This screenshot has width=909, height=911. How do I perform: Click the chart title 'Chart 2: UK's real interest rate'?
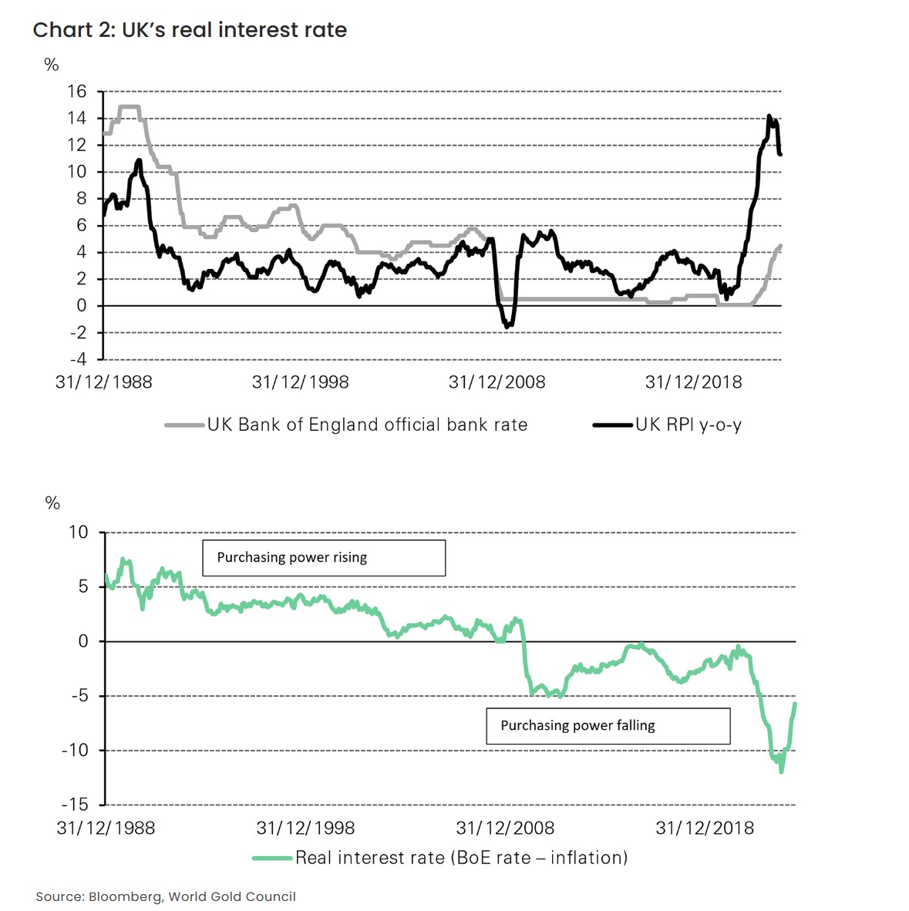(x=190, y=30)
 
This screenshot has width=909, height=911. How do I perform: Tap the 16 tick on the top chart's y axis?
(x=77, y=92)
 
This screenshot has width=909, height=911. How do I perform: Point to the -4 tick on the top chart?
(x=78, y=359)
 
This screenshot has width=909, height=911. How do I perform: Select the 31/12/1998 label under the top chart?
(x=300, y=382)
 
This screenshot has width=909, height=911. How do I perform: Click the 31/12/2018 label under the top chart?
(x=693, y=382)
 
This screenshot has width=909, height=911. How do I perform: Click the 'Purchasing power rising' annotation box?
(x=324, y=557)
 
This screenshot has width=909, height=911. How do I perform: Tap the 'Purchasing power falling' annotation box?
(x=608, y=725)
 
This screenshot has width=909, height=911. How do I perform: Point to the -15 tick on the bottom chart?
(x=76, y=805)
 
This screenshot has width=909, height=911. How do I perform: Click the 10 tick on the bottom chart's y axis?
(x=79, y=533)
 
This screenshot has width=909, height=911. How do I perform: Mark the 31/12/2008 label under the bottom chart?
(x=505, y=829)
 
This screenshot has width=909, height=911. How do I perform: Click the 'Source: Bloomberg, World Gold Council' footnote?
(x=166, y=896)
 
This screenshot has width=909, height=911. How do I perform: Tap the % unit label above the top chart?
(x=52, y=65)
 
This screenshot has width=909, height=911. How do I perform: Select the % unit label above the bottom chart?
(x=52, y=503)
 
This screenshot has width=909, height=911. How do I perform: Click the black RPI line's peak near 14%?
(x=769, y=116)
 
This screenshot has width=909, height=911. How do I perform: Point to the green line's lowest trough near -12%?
(x=781, y=771)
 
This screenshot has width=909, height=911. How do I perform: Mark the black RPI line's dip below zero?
(x=507, y=327)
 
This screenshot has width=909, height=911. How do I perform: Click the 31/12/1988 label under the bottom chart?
(x=106, y=829)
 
